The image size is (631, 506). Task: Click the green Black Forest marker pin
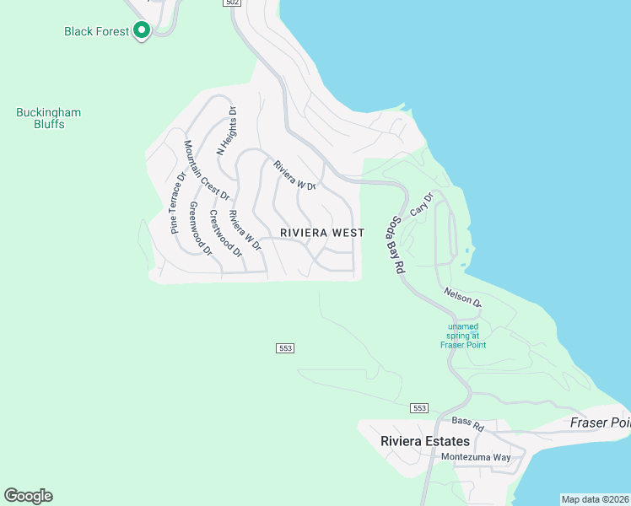tap(142, 31)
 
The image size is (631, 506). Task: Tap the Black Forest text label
tap(96, 31)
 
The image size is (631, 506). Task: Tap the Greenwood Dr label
tap(201, 229)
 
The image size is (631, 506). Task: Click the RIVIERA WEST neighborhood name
tap(322, 233)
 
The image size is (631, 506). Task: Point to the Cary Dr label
tap(422, 205)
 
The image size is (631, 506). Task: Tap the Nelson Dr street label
tap(462, 297)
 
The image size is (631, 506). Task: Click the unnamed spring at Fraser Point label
tap(463, 336)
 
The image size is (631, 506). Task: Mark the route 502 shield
tap(234, 3)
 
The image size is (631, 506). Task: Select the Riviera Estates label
tap(413, 441)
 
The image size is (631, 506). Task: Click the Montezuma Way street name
tap(477, 457)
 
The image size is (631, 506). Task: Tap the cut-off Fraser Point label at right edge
tap(600, 423)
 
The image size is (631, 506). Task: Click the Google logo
tap(28, 496)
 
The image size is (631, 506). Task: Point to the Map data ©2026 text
tap(595, 498)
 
